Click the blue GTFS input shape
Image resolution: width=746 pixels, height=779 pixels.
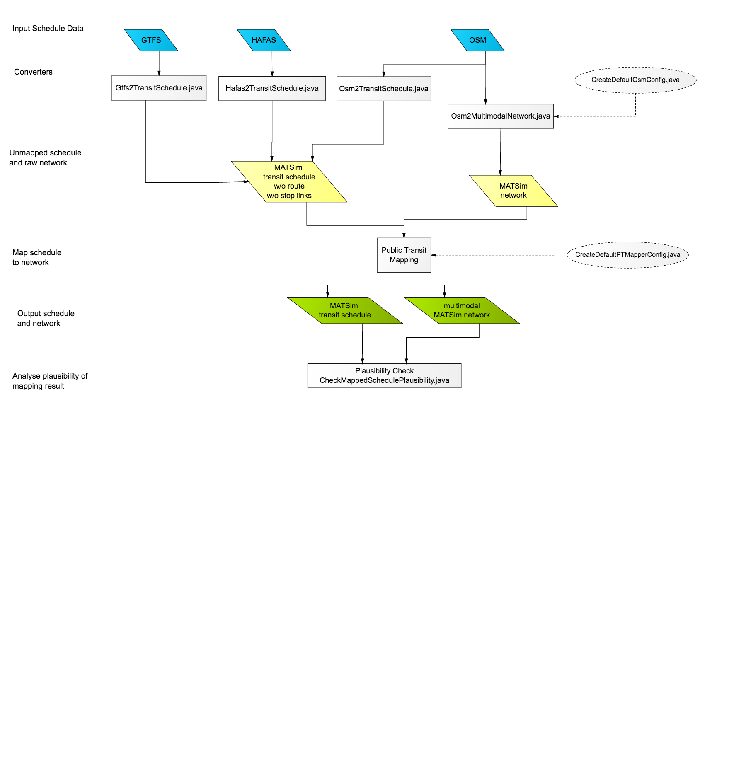click(151, 40)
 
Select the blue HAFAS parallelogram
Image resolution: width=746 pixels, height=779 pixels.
click(264, 40)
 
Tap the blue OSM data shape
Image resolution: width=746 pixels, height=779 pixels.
click(477, 40)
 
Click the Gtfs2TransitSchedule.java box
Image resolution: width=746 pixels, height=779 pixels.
click(159, 88)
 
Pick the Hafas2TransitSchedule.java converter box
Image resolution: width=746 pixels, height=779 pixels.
click(272, 88)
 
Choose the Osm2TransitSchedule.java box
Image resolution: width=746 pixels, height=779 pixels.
click(384, 89)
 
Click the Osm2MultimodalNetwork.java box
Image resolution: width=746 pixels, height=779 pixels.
click(501, 116)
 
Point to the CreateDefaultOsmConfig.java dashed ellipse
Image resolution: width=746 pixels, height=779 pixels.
click(635, 80)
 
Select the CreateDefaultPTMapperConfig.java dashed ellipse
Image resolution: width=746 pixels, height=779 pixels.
click(627, 255)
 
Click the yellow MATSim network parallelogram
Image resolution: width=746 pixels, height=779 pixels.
click(513, 191)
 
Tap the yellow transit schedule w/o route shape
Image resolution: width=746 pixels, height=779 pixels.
click(289, 181)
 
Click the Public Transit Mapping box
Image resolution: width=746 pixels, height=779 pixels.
click(404, 255)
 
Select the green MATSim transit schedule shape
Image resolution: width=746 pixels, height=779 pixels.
click(345, 310)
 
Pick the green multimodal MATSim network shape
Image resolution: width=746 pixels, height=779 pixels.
click(462, 310)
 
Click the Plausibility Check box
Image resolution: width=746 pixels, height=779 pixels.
click(384, 376)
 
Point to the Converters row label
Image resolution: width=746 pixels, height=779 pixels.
click(33, 72)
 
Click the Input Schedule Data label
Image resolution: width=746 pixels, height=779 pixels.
click(48, 28)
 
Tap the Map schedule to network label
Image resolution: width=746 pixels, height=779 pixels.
click(37, 257)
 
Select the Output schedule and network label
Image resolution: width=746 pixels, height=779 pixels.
click(46, 318)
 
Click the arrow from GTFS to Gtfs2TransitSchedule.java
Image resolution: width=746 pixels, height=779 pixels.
click(159, 63)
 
